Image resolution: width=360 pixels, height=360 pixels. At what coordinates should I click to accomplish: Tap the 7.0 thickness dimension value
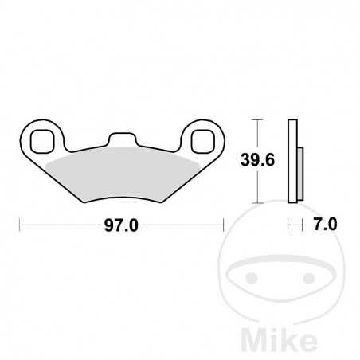pyautogui.click(x=323, y=226)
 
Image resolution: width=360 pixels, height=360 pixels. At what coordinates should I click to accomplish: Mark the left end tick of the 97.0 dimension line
pyautogui.click(x=18, y=226)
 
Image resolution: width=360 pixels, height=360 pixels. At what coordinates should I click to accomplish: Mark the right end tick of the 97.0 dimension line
pyautogui.click(x=225, y=226)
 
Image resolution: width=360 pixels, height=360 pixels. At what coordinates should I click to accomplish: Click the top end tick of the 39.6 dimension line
pyautogui.click(x=256, y=119)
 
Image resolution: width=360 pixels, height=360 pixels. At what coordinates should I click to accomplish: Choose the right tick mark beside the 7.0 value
pyautogui.click(x=300, y=226)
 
